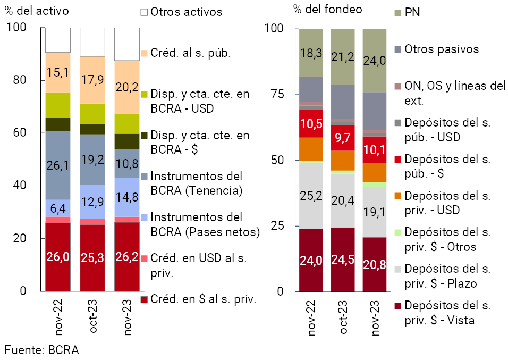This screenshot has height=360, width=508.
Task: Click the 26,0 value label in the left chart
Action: [57, 257]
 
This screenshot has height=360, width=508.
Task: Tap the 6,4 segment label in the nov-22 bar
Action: [57, 207]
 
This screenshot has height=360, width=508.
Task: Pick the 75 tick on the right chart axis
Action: [277, 94]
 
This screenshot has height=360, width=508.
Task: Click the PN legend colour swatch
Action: [397, 12]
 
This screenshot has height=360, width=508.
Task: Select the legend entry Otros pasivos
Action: [442, 49]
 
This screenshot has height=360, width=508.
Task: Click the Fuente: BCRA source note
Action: [41, 350]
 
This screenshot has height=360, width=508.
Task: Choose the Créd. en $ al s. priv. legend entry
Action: [204, 299]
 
